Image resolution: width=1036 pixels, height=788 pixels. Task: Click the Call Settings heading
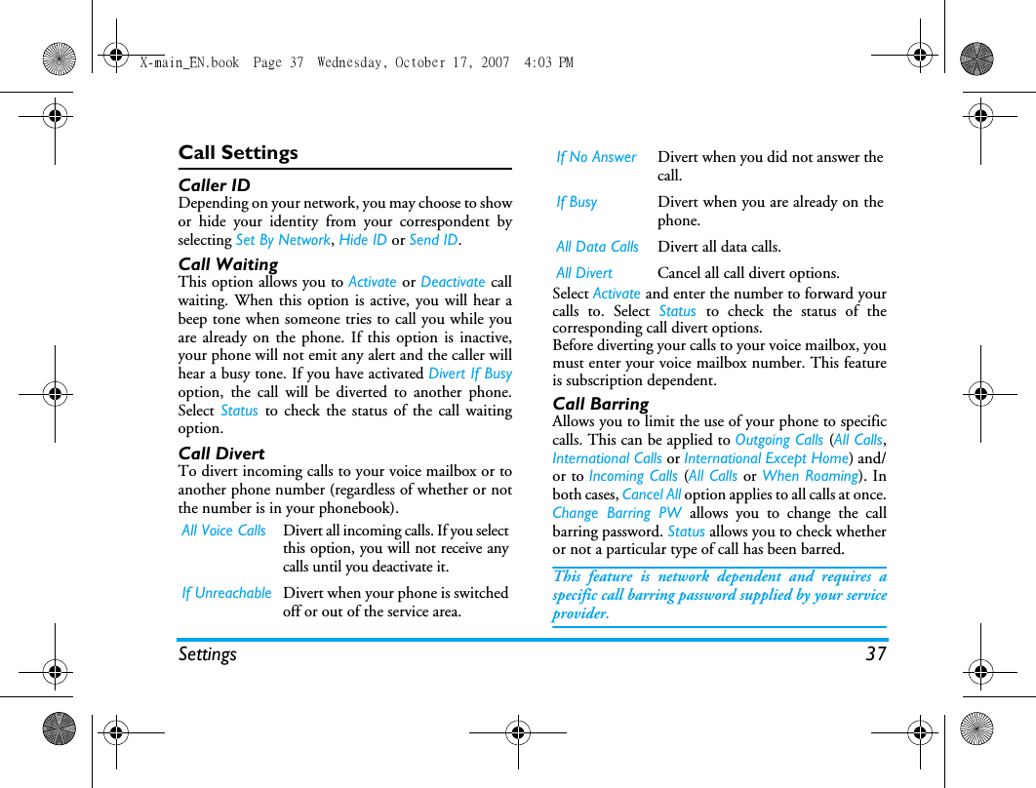pos(238,153)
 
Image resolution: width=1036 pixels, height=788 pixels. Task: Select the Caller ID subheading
pos(214,185)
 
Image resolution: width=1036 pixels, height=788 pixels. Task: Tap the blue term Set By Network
pos(283,240)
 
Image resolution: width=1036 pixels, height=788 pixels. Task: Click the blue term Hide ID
pos(363,240)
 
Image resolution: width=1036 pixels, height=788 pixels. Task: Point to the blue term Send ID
pos(433,240)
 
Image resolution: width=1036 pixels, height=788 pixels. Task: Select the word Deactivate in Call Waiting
pos(453,282)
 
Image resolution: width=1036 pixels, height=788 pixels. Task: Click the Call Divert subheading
pos(221,453)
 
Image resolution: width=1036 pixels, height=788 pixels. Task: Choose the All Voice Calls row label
pos(223,531)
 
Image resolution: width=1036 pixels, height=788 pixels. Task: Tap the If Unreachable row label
pos(226,593)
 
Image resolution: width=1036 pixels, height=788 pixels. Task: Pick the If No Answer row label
pos(596,157)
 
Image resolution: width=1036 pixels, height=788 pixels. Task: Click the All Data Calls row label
pos(597,248)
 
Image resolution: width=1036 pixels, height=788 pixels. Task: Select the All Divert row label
pos(584,274)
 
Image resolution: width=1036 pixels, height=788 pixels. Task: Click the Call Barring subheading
pos(600,404)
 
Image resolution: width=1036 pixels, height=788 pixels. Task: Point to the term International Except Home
pos(766,458)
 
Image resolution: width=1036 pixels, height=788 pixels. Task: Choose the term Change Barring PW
pos(617,514)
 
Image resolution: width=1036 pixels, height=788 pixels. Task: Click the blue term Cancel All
pos(652,495)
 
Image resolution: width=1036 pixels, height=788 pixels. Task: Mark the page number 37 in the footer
pos(875,654)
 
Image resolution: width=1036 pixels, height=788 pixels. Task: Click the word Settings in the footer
pos(207,654)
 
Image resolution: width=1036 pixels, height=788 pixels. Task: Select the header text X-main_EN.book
pos(189,62)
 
